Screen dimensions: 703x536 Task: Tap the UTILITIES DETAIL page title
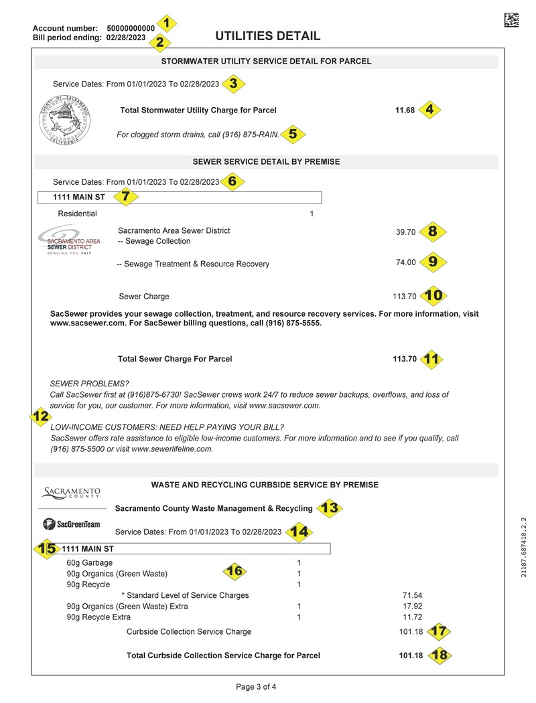(x=267, y=36)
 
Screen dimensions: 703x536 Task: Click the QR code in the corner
(x=511, y=20)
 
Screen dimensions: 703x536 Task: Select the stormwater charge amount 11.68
(x=405, y=110)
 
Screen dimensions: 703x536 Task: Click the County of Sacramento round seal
(x=64, y=121)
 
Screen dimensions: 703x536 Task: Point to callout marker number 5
(x=293, y=134)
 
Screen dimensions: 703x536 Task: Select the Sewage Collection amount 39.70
(x=405, y=232)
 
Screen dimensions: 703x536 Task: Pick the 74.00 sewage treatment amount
(x=406, y=262)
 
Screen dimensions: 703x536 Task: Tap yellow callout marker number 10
(x=433, y=295)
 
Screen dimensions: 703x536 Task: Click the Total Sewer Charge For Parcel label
(x=175, y=359)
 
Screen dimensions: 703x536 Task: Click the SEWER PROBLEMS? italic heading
(x=89, y=384)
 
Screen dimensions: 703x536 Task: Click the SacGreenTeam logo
(x=71, y=524)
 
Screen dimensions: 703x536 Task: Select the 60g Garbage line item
(x=90, y=563)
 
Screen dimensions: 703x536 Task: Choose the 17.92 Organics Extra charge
(x=412, y=607)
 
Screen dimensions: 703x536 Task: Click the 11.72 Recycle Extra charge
(x=412, y=617)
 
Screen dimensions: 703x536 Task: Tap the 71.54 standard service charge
(x=412, y=595)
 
